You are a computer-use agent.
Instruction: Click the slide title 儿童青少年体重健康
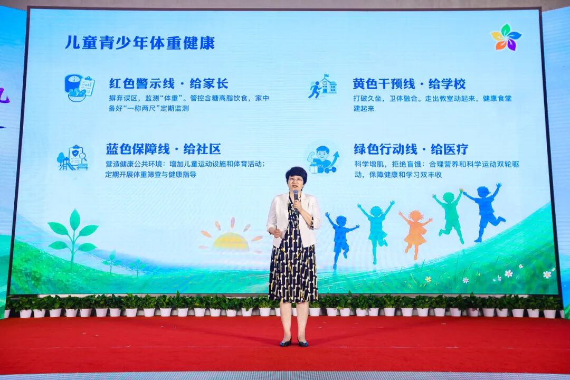(140, 43)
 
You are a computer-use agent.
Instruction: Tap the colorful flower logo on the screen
(506, 37)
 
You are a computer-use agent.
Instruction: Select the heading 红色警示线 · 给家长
(169, 83)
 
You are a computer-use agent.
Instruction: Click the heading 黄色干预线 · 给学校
(410, 83)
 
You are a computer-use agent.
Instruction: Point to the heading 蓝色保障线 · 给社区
(163, 149)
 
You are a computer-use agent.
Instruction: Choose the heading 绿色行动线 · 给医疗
(411, 149)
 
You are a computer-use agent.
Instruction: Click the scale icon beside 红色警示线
(79, 88)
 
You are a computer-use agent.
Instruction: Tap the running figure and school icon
(322, 87)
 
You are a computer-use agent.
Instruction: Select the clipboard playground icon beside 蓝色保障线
(73, 158)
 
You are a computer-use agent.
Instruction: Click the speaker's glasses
(295, 179)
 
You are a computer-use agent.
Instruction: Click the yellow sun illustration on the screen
(231, 237)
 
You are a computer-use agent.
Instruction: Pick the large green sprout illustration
(73, 237)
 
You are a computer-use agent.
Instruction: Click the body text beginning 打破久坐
(432, 103)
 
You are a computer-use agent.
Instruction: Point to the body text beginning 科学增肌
(436, 169)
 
